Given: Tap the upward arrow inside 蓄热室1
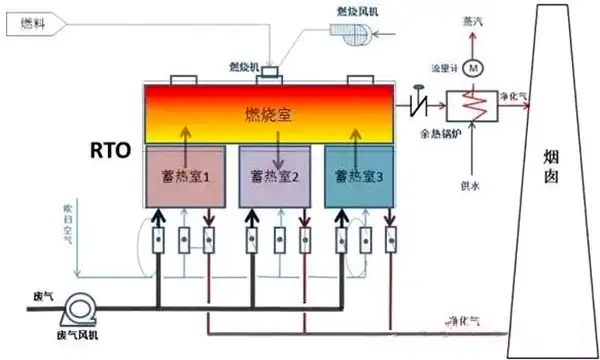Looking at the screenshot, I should (x=184, y=138).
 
